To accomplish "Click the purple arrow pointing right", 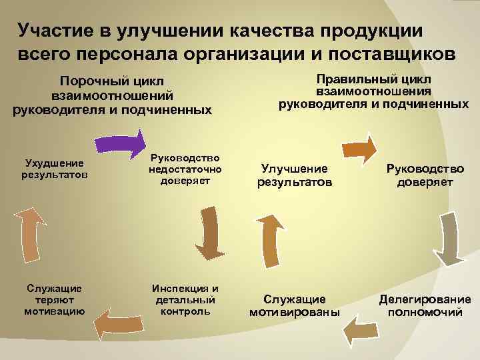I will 119,142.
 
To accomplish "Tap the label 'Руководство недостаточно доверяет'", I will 185,170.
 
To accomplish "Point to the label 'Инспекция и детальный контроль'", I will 185,299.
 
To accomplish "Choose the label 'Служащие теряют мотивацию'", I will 55,299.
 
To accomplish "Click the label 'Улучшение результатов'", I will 295,175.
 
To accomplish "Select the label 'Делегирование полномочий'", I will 425,305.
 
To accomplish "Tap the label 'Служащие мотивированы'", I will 295,305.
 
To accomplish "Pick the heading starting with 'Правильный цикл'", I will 373,91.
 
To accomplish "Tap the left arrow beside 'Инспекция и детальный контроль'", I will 121,323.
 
